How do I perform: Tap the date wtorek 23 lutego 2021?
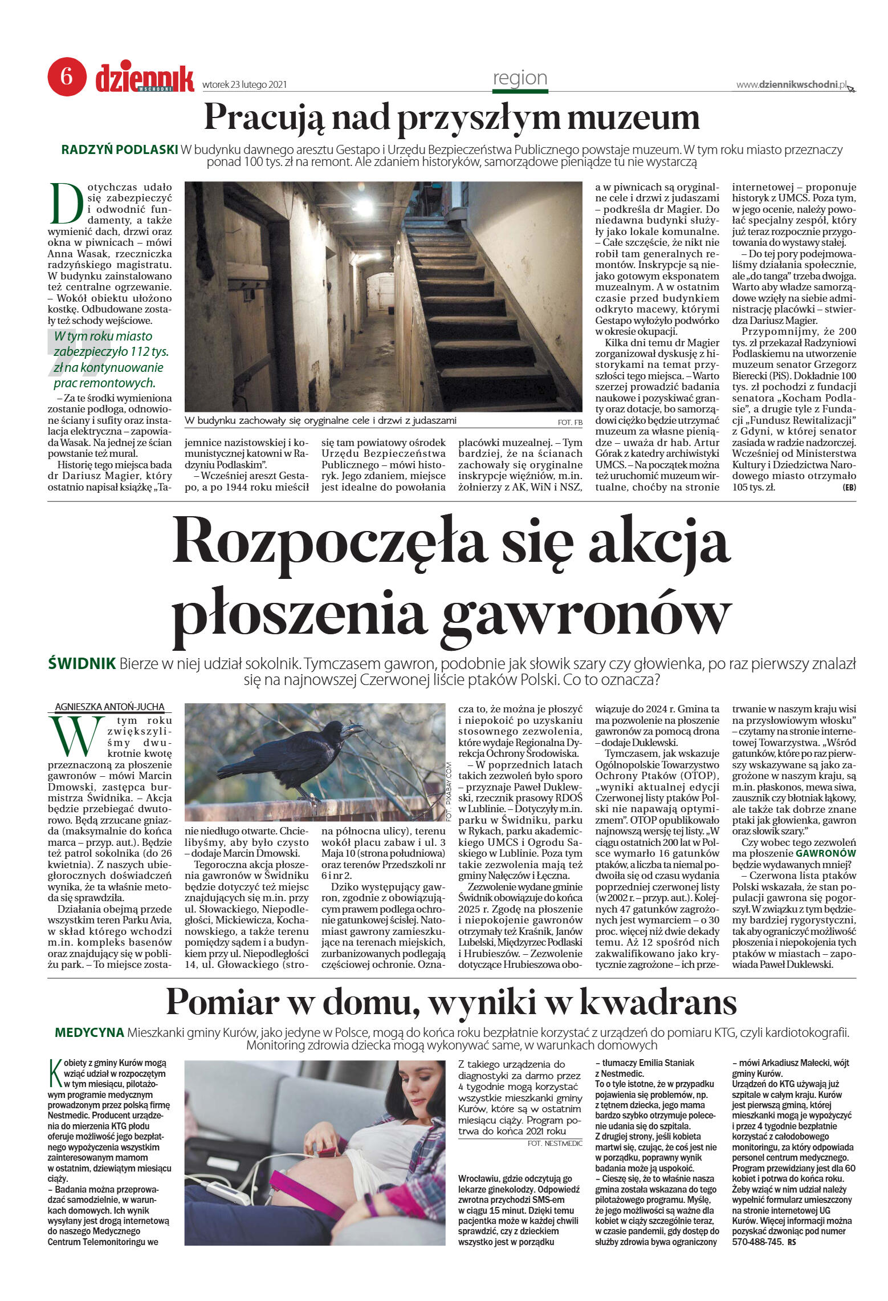[x=245, y=85]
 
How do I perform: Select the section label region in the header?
[x=519, y=78]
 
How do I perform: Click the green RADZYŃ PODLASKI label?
[x=120, y=150]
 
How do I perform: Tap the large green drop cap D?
[x=66, y=204]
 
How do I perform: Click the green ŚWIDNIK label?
[x=82, y=664]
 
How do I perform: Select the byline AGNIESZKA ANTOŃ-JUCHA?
[x=109, y=707]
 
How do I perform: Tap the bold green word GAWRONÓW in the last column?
[x=825, y=853]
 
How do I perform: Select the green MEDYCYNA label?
[x=89, y=1032]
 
